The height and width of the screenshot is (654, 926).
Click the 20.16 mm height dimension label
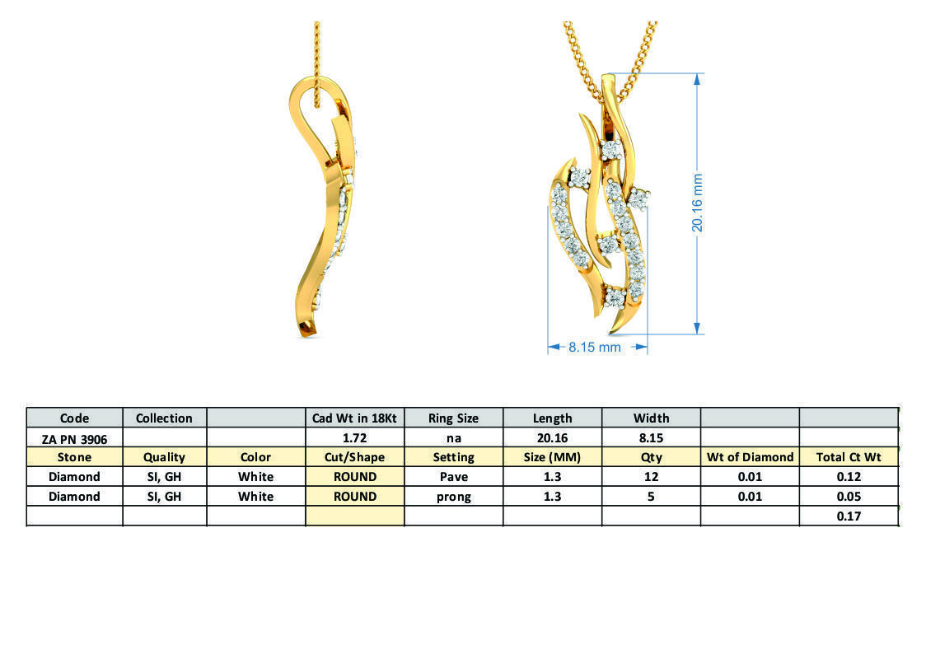(697, 203)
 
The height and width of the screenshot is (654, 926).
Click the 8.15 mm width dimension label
(595, 348)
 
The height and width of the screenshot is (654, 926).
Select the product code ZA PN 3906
(75, 437)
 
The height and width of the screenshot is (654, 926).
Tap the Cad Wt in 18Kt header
(354, 418)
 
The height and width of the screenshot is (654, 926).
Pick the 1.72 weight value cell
(354, 437)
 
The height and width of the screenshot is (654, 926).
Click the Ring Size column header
(453, 418)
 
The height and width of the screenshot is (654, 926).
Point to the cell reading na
(453, 437)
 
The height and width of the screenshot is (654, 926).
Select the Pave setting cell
(453, 476)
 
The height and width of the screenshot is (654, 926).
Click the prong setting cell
(453, 496)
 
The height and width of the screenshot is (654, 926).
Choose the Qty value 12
(651, 476)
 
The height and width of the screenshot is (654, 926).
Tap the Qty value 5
(651, 496)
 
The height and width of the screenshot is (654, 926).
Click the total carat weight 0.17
(849, 516)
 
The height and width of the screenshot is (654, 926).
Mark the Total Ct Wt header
(849, 456)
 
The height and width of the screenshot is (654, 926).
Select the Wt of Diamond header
(750, 456)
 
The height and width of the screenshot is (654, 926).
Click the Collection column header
(164, 418)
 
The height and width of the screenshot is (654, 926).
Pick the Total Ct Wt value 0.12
(849, 476)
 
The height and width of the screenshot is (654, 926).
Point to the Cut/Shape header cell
(354, 456)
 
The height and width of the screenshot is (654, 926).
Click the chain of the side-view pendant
(316, 49)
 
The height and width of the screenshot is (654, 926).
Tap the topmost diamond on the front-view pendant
(610, 150)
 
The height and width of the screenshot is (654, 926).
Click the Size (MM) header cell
(552, 456)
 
